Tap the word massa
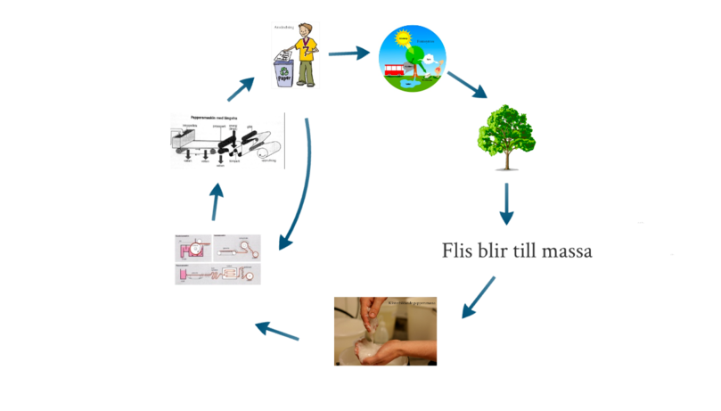(567, 251)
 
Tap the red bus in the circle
(393, 70)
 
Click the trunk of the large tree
(508, 161)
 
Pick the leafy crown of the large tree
(507, 130)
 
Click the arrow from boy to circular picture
(348, 53)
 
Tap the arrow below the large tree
(507, 205)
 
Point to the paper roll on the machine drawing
(268, 152)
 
